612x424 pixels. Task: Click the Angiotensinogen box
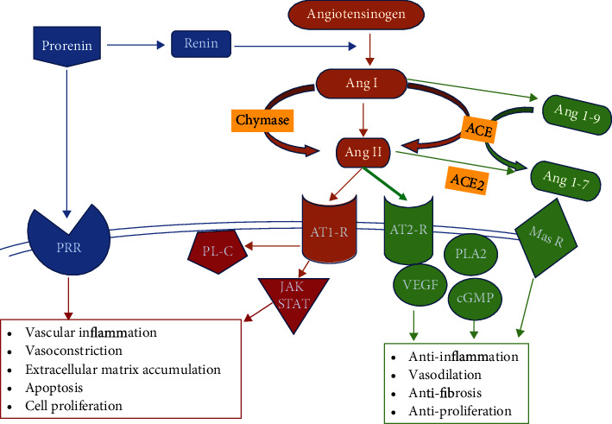(x=356, y=14)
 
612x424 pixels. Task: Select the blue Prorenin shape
(x=67, y=45)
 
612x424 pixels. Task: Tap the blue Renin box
(x=201, y=44)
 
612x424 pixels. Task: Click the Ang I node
(x=361, y=83)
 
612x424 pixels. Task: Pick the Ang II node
(x=363, y=152)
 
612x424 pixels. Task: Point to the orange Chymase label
(x=262, y=120)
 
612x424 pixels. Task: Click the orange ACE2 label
(x=467, y=180)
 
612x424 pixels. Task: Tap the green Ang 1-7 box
(x=566, y=180)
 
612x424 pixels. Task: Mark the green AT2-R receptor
(x=408, y=231)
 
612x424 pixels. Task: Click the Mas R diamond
(x=546, y=237)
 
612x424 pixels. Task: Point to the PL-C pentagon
(x=218, y=251)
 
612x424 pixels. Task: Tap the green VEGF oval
(x=420, y=285)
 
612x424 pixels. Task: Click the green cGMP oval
(x=475, y=299)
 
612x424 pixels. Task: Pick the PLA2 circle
(x=471, y=254)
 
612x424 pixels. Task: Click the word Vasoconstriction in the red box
(x=73, y=351)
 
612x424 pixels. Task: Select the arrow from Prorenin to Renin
(x=136, y=45)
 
